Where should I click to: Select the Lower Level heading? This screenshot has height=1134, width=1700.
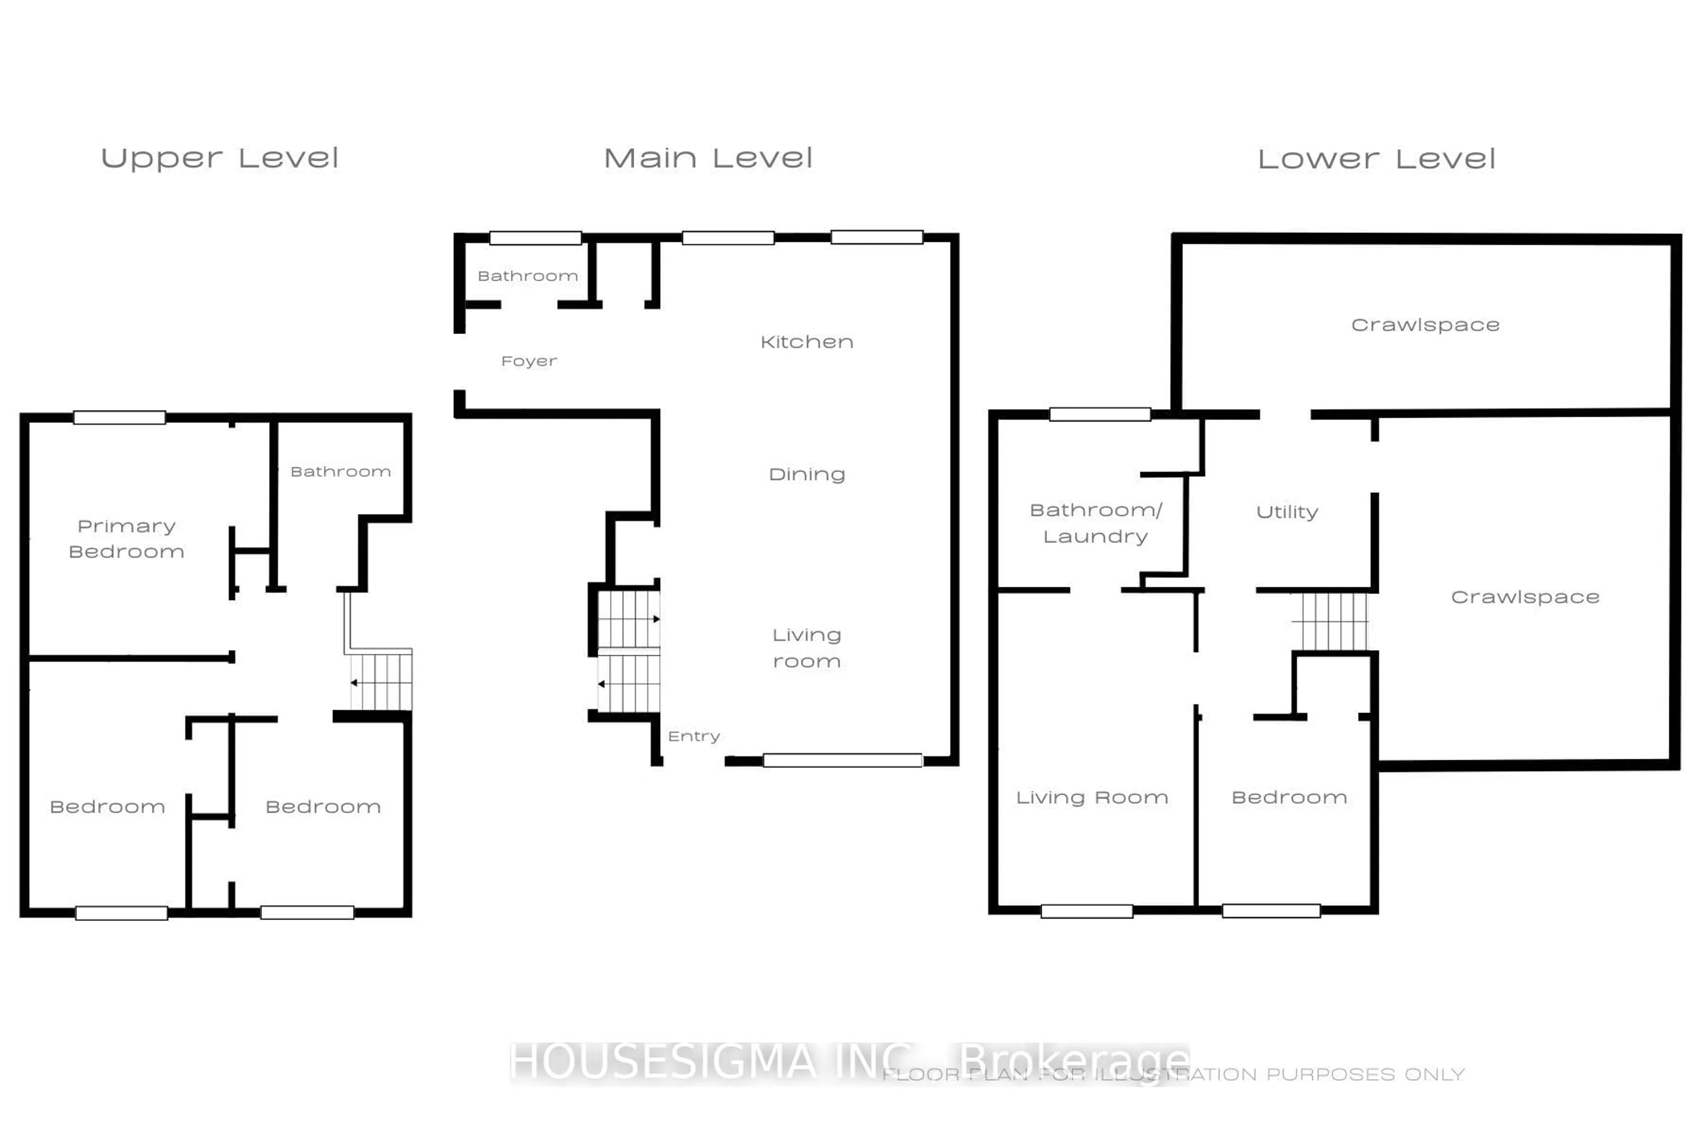pyautogui.click(x=1376, y=159)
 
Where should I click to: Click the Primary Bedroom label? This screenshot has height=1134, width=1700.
pyautogui.click(x=127, y=539)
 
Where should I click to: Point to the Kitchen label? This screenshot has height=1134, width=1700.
pyautogui.click(x=807, y=342)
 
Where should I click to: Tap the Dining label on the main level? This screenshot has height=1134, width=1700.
pyautogui.click(x=807, y=474)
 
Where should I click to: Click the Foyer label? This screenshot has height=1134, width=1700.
pyautogui.click(x=529, y=361)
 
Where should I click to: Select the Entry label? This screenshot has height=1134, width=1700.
pyautogui.click(x=694, y=736)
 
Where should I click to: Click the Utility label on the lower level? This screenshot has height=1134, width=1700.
pyautogui.click(x=1287, y=512)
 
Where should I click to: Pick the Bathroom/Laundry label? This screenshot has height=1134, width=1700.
pyautogui.click(x=1096, y=523)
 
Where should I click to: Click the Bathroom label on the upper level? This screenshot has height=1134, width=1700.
pyautogui.click(x=340, y=471)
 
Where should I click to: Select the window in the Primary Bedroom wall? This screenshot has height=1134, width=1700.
pyautogui.click(x=119, y=417)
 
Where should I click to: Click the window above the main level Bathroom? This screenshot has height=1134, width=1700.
pyautogui.click(x=536, y=238)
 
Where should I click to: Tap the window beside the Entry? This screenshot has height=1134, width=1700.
pyautogui.click(x=843, y=760)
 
